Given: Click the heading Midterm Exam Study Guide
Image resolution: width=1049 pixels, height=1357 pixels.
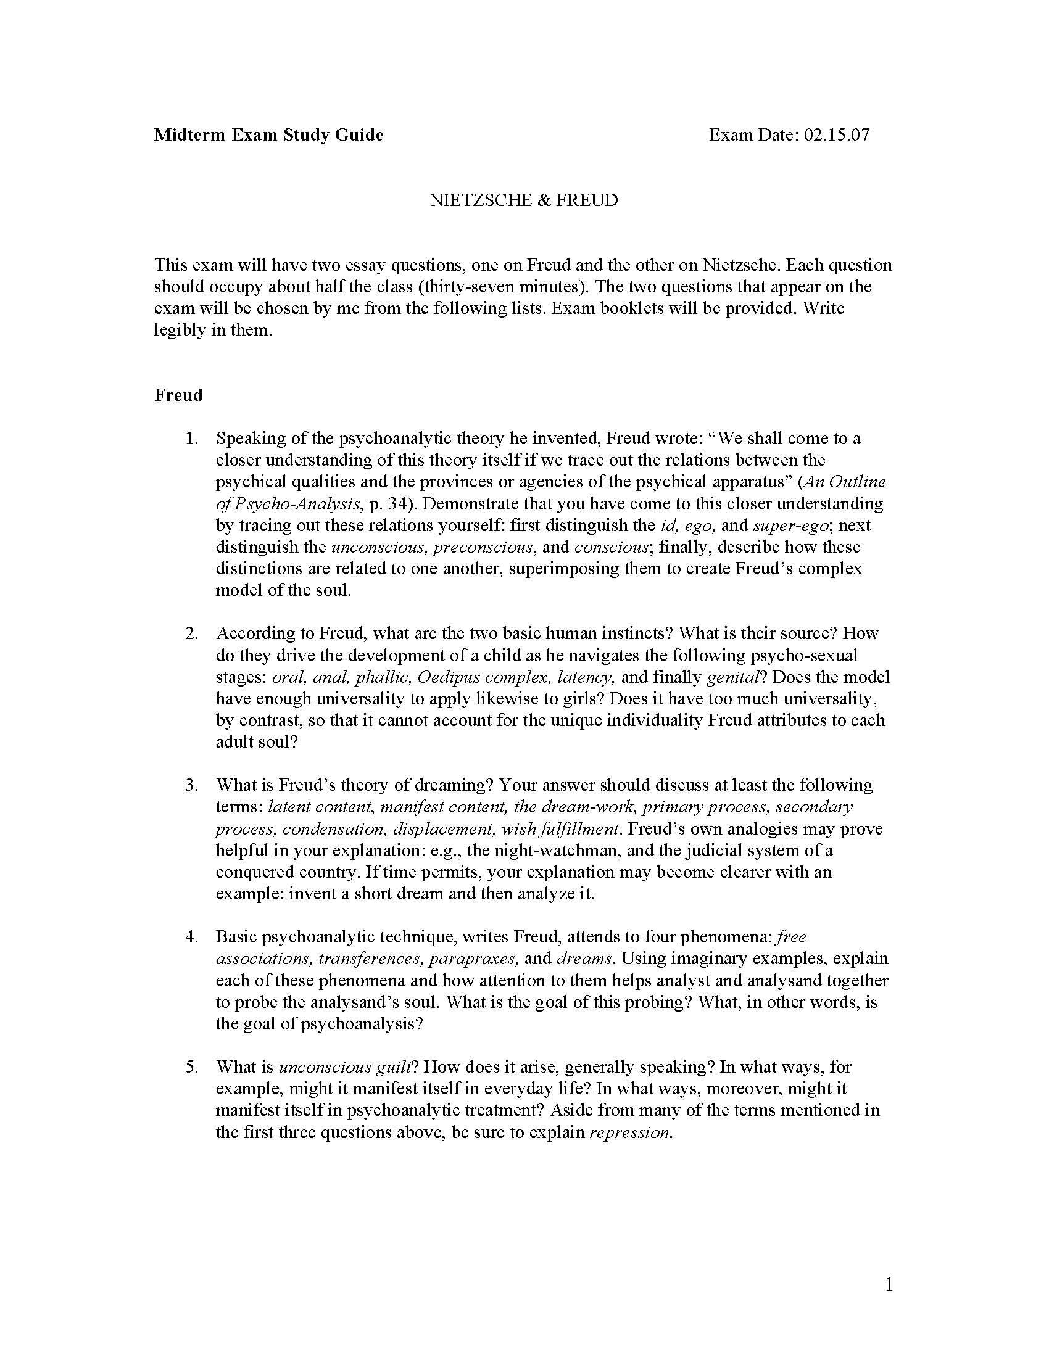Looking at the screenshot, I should [x=268, y=135].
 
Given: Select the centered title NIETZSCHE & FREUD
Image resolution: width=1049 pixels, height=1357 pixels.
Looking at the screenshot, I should [x=524, y=200].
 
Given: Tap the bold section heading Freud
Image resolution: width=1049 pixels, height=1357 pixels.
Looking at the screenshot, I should [x=178, y=395].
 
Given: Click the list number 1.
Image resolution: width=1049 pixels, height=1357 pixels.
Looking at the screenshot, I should [x=191, y=439].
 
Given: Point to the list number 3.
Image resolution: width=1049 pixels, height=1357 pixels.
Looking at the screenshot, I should [x=191, y=785].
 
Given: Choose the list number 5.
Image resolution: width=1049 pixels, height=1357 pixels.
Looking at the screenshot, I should [x=191, y=1068].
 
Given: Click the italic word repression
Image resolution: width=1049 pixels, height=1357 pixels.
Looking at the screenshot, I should [x=629, y=1132].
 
